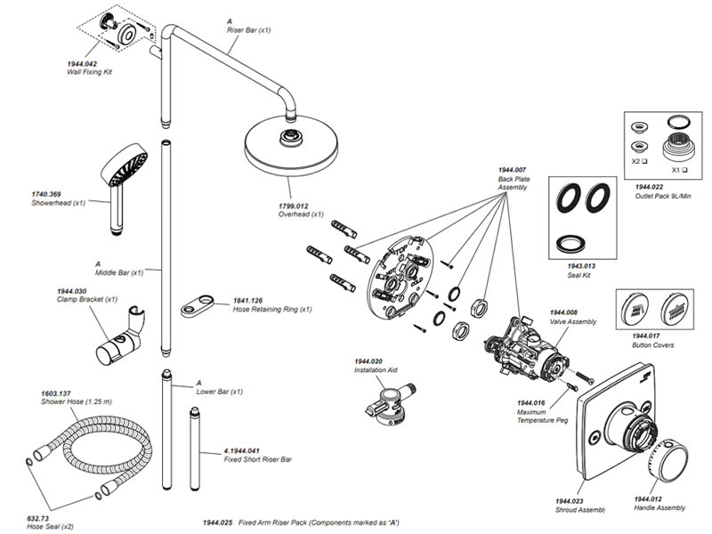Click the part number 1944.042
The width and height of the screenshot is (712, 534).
[82, 64]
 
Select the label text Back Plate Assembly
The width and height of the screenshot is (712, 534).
[514, 183]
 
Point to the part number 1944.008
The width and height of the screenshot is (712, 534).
[564, 312]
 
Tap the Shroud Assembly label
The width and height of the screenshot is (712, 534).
[580, 509]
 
